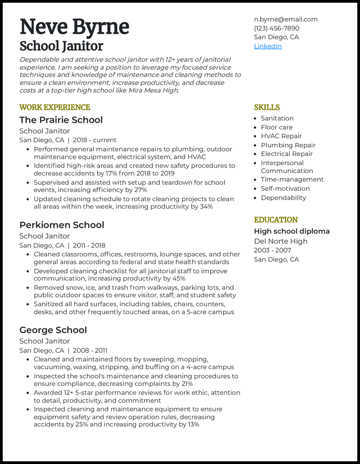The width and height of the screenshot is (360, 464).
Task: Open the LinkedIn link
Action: (268, 46)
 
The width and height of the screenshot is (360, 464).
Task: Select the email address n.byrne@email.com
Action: (286, 19)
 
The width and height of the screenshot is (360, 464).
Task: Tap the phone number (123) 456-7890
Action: (276, 28)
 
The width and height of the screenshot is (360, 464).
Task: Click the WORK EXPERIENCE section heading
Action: (54, 107)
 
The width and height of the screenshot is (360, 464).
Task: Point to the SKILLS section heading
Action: (267, 107)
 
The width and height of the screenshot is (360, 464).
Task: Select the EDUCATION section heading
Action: (276, 220)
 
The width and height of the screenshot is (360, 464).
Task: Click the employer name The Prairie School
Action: (61, 120)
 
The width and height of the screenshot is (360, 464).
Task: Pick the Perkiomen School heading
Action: (62, 225)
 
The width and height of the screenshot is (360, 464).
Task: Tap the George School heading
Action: (53, 330)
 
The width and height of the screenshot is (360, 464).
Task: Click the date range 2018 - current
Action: (94, 140)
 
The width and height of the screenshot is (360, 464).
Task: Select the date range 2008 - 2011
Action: (90, 351)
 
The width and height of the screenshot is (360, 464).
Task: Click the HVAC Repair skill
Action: (281, 136)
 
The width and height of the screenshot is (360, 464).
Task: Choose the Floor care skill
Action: (277, 127)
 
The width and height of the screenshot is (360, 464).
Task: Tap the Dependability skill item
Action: (283, 198)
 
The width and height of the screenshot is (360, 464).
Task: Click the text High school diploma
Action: (292, 232)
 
